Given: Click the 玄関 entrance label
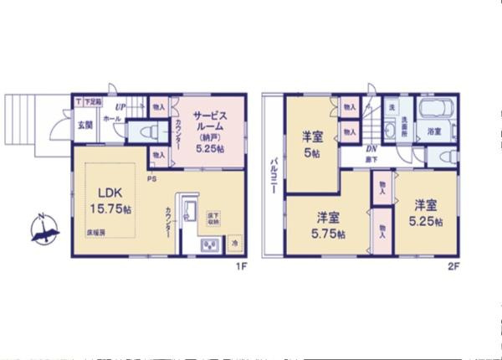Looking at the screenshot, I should click(86, 125).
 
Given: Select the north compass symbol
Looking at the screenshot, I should click(44, 228).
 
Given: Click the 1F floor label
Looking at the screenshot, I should click(240, 267).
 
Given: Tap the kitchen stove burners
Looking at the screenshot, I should click(207, 245).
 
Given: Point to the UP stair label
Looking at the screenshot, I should click(120, 108).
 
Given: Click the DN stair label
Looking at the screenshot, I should click(369, 148).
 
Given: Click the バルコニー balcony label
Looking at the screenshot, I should click(274, 176).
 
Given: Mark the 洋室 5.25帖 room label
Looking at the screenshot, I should click(426, 213).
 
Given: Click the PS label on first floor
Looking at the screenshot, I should click(152, 178).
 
